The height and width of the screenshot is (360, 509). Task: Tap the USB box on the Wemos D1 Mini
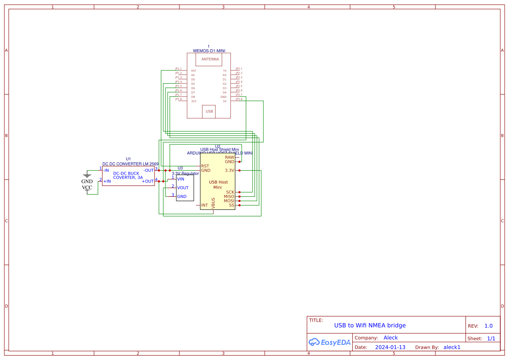(209, 111)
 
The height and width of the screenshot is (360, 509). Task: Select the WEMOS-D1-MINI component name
(209, 51)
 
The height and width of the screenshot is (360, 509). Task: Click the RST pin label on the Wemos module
(193, 71)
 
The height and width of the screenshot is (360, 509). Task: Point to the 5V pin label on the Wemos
(225, 101)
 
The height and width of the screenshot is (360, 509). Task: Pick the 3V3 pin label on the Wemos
(194, 101)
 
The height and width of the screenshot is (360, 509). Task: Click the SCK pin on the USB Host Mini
(230, 192)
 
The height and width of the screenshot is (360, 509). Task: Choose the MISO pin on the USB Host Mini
(229, 196)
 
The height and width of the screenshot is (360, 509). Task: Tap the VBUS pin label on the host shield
(213, 203)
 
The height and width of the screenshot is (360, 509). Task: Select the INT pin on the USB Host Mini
(204, 205)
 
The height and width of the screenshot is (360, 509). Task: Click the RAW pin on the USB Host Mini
(229, 157)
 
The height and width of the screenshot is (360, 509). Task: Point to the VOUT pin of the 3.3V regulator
(183, 188)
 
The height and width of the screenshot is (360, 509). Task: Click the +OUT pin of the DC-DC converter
(148, 181)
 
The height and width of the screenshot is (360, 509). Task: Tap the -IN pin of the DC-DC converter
(106, 170)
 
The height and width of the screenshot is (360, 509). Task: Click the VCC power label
(87, 188)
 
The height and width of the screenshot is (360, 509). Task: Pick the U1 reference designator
(128, 159)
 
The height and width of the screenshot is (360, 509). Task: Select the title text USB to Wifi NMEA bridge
(370, 325)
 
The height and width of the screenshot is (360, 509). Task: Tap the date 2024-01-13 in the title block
(390, 347)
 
